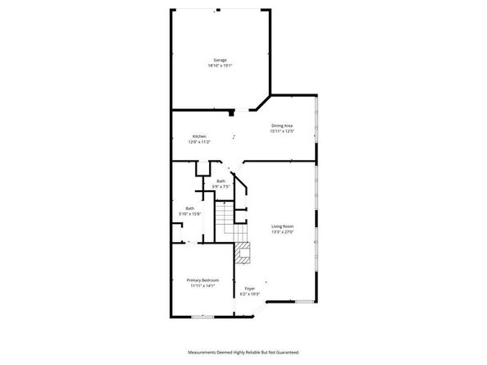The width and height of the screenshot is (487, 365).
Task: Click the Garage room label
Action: click(220, 60)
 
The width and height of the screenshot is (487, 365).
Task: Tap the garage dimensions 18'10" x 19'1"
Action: click(220, 66)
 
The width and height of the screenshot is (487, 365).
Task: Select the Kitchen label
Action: click(199, 136)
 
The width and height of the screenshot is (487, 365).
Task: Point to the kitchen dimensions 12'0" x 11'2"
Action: click(201, 142)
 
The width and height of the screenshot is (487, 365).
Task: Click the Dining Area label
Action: click(282, 125)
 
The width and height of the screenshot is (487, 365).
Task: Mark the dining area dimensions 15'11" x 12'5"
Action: click(282, 130)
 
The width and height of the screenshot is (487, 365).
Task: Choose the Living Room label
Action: click(283, 226)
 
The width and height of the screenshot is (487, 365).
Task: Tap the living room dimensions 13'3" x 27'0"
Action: click(283, 231)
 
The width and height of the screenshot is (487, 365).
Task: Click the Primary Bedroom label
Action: click(202, 281)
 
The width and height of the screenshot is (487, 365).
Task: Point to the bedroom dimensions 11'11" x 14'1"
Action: click(202, 286)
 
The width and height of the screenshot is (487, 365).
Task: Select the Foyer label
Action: click(250, 288)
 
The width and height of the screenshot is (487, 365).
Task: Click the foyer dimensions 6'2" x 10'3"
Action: click(250, 294)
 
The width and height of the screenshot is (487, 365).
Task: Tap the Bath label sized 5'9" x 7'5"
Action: click(221, 180)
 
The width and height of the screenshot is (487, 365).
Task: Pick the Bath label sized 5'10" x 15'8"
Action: click(190, 208)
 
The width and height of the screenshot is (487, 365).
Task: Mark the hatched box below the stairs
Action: click(242, 255)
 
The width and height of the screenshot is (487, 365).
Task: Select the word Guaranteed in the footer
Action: click(285, 352)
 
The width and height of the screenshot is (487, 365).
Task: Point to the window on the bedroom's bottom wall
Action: click(203, 316)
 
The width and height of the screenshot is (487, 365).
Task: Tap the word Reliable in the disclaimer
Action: click(252, 352)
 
